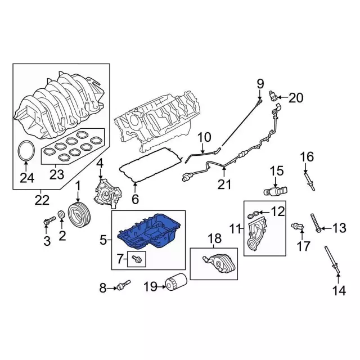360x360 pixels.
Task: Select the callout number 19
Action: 150,288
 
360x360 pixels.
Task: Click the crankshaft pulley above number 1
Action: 77,214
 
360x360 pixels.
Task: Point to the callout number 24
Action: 26,179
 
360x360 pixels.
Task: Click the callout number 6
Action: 134,199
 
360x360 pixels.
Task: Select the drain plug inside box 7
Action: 136,259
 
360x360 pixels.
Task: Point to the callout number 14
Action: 338,290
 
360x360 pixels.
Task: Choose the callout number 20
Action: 295,98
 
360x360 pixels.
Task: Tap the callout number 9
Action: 260,84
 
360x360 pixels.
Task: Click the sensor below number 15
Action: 275,192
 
